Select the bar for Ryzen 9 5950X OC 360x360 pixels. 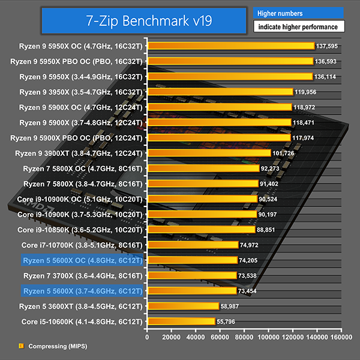tap(230, 46)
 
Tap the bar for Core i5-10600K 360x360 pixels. tap(180, 322)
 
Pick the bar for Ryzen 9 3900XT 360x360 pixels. tap(208, 153)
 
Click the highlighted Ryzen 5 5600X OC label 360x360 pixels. tap(82, 260)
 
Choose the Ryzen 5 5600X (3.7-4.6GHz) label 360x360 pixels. tap(82, 291)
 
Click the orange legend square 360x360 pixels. tap(21, 346)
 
